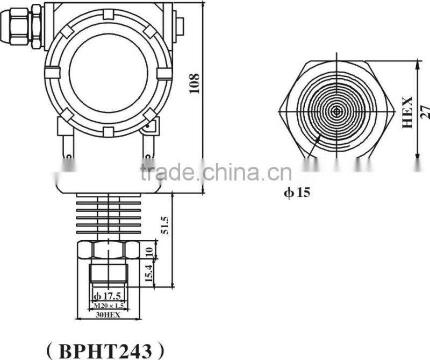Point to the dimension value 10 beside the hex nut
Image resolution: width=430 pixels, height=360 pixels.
point(150,250)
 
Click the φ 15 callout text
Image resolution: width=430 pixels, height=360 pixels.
point(297,192)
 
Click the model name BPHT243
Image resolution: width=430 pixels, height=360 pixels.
point(105,350)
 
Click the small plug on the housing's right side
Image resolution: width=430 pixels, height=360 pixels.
point(180,24)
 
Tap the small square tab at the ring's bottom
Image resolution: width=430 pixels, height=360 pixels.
point(107,131)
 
